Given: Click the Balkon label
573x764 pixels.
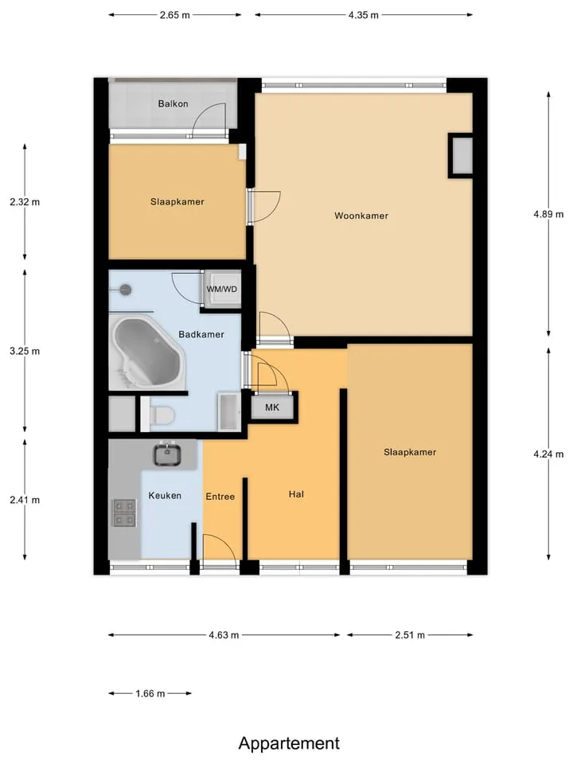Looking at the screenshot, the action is coord(173,103).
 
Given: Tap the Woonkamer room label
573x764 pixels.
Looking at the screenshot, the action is coord(361,216).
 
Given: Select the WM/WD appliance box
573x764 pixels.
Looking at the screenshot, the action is coord(222,289).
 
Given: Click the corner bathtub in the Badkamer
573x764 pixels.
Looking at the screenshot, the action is coord(148,352).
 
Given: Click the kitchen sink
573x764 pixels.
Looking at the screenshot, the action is coord(167,454).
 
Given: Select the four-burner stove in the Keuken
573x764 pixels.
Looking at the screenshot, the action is coord(124,513).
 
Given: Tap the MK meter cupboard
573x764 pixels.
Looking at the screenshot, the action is coord(272,407).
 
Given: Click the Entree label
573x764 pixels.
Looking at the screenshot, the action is coord(220,497).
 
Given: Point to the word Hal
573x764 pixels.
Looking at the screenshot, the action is coord(296,494).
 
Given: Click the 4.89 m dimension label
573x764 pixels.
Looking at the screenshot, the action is coord(548,214).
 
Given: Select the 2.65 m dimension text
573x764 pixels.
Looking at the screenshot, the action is coord(175,15).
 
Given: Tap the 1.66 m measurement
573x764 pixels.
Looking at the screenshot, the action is coord(150,693).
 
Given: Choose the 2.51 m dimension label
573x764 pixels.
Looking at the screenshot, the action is coord(410,635).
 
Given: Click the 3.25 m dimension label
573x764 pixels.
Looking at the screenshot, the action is coord(25,351).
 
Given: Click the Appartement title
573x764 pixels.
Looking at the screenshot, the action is coord(289,743).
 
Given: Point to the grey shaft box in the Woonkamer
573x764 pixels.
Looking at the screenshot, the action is coord(461,156).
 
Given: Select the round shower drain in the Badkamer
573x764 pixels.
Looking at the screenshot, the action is coord(126,290).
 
